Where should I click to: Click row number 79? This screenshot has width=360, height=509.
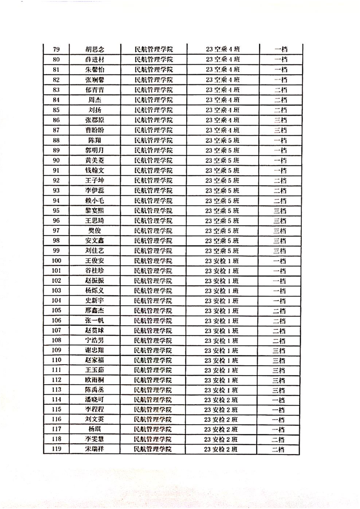(x=57, y=49)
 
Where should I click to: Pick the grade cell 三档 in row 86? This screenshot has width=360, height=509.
(x=281, y=120)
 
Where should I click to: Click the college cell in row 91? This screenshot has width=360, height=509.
(x=154, y=170)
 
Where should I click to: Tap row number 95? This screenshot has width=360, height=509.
(x=57, y=210)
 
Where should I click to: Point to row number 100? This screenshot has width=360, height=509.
(x=57, y=260)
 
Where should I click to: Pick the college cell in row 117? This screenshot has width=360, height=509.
(x=153, y=429)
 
